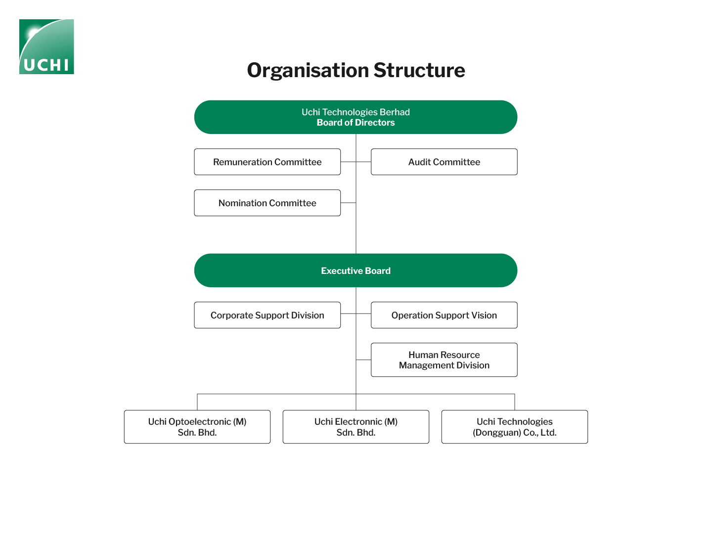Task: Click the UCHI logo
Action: click(46, 46)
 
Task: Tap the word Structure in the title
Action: click(419, 70)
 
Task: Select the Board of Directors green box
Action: click(356, 117)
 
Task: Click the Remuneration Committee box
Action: click(267, 162)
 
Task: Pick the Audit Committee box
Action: click(444, 162)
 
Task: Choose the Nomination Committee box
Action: click(267, 203)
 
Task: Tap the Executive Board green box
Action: click(356, 270)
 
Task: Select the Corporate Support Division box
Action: click(267, 315)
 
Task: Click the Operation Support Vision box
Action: click(444, 315)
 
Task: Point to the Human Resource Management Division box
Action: click(444, 360)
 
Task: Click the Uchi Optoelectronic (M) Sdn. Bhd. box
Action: click(197, 427)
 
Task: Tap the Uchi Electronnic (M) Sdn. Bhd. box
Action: click(356, 427)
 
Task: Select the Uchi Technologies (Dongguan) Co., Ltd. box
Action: click(514, 427)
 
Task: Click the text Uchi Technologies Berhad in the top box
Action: click(356, 112)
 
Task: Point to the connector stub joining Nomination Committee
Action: click(348, 203)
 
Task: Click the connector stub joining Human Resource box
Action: click(363, 359)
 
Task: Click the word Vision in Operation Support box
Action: click(484, 315)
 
